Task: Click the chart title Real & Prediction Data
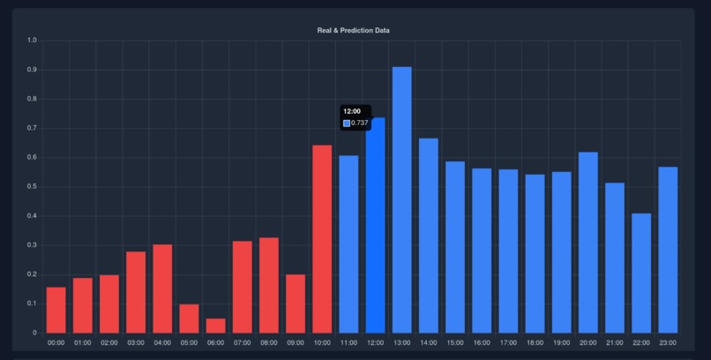pos(353,30)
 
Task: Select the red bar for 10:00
pos(322,238)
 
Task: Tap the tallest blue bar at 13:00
pos(401,199)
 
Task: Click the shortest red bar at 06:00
pos(215,326)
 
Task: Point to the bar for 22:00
pos(641,273)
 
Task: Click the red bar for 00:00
pos(56,310)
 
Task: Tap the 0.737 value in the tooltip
pos(360,123)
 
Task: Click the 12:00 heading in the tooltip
pos(352,111)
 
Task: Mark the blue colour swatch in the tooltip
pos(347,123)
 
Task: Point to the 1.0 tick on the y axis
pos(32,41)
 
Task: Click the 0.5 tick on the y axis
pos(32,186)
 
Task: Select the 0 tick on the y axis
pos(34,333)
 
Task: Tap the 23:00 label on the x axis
pos(668,342)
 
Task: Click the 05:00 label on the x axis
pos(189,342)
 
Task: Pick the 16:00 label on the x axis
pos(482,342)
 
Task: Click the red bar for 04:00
pos(162,289)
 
